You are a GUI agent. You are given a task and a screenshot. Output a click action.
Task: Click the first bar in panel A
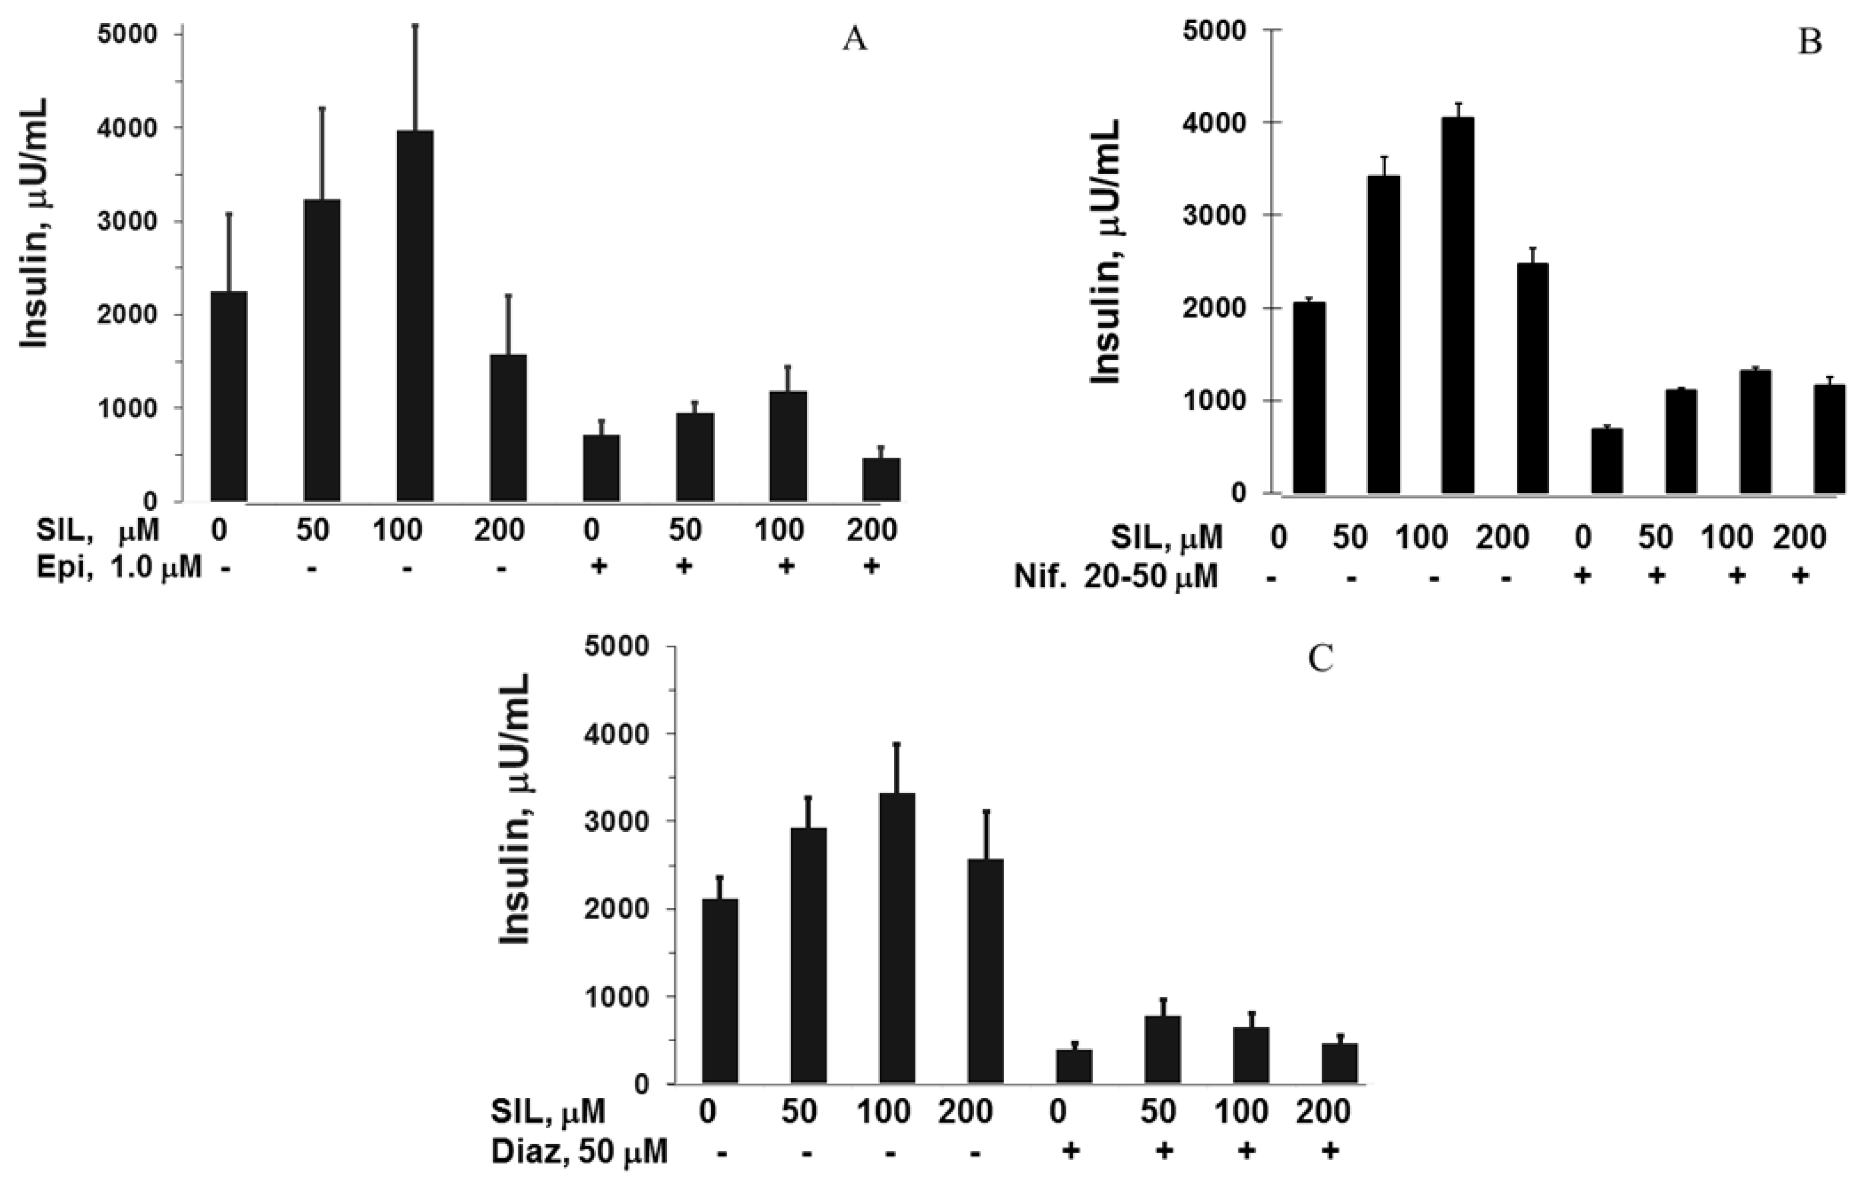coord(228,396)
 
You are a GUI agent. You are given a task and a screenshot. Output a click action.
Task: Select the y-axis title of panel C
coord(513,809)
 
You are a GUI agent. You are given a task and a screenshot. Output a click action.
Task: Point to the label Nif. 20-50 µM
coord(1117,576)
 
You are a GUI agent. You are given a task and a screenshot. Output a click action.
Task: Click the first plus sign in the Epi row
coord(597,567)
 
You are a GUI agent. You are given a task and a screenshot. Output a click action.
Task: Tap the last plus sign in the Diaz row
coord(1329,1151)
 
